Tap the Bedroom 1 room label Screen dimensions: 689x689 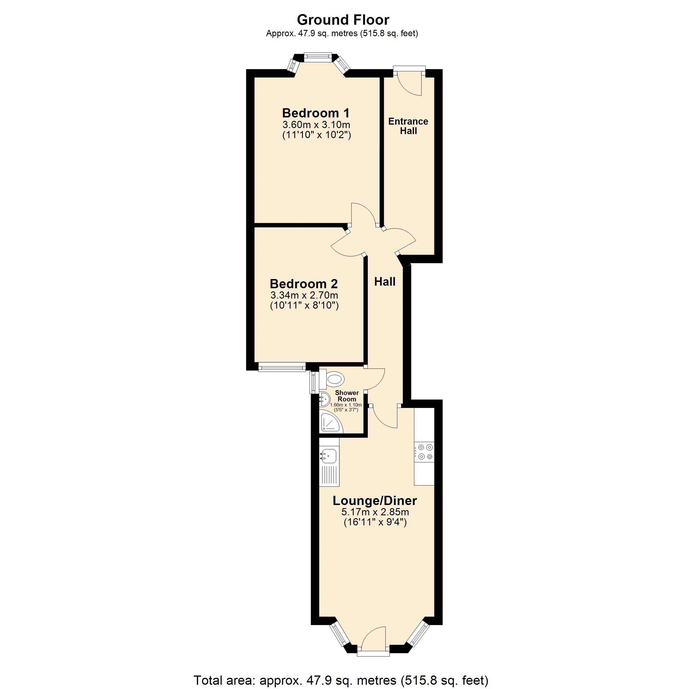click(x=316, y=113)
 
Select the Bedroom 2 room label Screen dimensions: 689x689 click(x=304, y=284)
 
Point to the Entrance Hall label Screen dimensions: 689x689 click(x=408, y=126)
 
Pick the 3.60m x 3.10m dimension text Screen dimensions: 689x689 click(x=316, y=125)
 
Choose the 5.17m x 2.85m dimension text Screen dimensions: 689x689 click(x=375, y=512)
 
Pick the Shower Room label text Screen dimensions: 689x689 click(x=347, y=396)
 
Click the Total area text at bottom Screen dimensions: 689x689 click(x=340, y=680)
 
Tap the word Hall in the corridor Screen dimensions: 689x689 click(x=385, y=282)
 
